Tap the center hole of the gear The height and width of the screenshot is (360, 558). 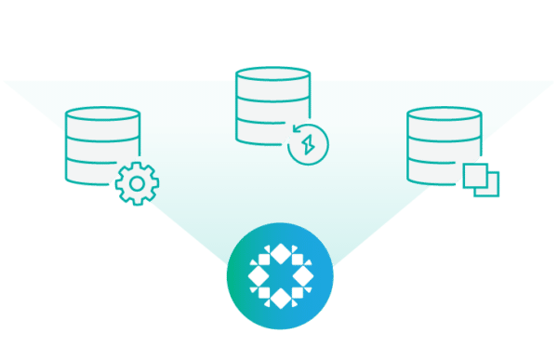137,184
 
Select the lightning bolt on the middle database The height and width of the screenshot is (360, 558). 308,145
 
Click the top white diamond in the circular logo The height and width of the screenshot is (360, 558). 279,250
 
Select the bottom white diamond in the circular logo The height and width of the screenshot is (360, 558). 279,299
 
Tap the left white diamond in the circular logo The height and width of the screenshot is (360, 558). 255,274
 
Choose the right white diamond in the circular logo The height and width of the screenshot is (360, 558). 303,274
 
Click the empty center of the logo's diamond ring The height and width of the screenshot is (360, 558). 279,274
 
